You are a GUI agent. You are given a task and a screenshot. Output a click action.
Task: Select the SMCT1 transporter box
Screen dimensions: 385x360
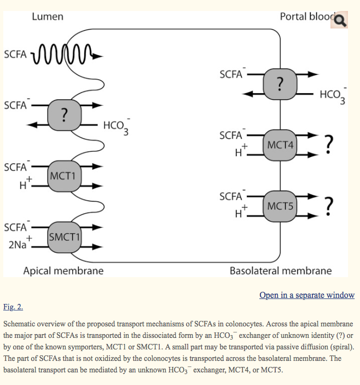click(64, 237)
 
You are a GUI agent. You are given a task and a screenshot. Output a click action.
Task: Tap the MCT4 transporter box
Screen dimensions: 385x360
click(280, 145)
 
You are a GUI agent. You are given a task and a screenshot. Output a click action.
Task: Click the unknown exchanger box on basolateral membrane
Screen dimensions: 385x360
click(280, 84)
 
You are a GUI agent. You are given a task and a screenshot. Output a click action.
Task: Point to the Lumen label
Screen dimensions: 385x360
click(48, 16)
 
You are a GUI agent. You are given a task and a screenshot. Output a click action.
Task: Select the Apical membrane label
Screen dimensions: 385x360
click(63, 271)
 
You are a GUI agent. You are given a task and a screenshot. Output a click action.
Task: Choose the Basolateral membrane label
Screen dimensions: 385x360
click(280, 271)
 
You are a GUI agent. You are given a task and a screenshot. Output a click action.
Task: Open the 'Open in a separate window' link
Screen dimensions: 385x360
click(307, 295)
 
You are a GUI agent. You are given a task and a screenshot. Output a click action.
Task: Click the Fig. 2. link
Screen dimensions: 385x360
click(13, 307)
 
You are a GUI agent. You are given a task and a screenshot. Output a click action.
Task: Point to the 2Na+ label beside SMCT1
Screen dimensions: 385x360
click(20, 244)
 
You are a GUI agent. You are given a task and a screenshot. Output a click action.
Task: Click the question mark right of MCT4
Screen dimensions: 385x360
click(328, 143)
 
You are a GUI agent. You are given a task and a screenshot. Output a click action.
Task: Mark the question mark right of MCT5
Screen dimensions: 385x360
click(328, 205)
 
